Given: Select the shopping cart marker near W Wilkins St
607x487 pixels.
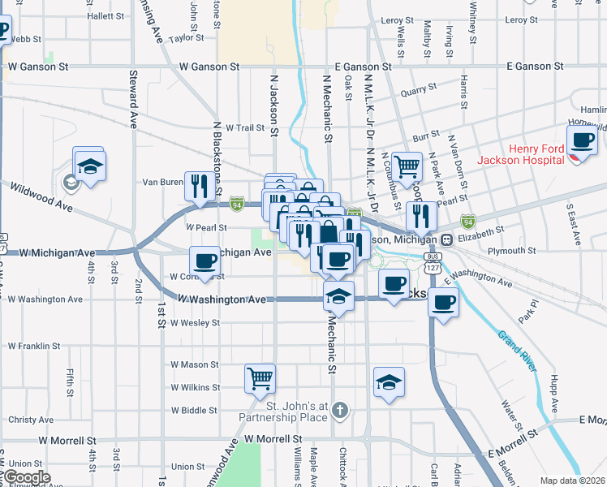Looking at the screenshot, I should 260,377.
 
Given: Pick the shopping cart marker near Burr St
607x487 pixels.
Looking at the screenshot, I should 407,166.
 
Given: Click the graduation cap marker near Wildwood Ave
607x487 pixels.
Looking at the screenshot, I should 89,166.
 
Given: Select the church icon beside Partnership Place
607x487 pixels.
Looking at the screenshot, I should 341,411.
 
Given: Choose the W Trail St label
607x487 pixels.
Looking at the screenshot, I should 245,127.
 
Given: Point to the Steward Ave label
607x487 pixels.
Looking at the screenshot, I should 132,99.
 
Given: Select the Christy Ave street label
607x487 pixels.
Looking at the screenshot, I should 31,420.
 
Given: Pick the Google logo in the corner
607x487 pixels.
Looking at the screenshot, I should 26,477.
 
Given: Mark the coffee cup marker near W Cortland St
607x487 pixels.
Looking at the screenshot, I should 204,261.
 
